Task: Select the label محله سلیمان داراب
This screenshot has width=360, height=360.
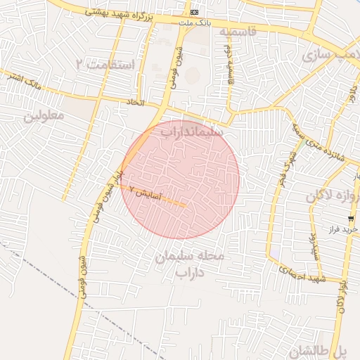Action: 189,264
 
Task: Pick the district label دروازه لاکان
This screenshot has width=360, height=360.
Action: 333,197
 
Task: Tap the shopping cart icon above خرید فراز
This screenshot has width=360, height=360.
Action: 351,219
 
